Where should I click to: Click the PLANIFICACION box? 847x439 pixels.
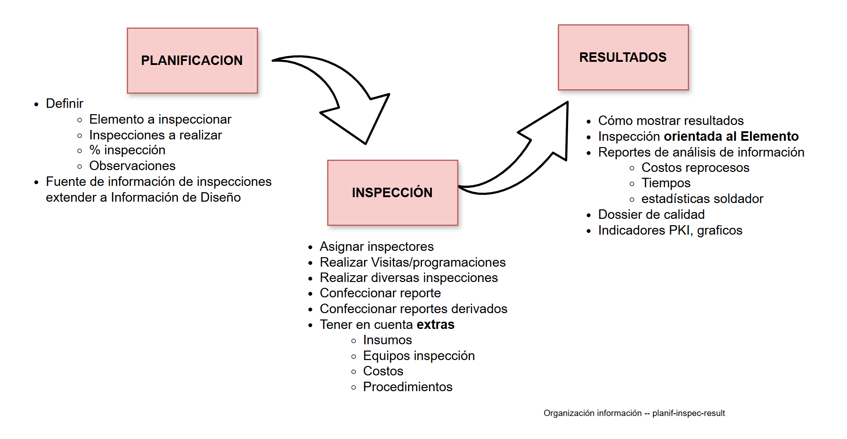point(192,60)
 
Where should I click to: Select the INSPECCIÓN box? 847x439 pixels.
point(392,193)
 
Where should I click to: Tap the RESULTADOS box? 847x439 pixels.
point(623,57)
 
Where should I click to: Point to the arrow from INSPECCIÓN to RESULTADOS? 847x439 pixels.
point(532,153)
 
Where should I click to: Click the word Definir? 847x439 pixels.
point(65,104)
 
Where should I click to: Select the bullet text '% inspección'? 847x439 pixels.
point(127,150)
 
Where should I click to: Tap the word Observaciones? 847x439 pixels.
point(132,166)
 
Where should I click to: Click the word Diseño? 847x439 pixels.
point(221,198)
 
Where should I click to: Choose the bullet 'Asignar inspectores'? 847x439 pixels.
point(376,247)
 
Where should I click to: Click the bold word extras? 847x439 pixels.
point(435,325)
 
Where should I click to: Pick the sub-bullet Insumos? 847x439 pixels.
point(387,340)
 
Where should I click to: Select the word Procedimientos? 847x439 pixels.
point(407,387)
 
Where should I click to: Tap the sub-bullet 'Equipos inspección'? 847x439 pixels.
point(419,356)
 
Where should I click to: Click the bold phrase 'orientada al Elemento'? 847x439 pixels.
point(731,136)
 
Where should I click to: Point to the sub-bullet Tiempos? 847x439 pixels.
point(666,183)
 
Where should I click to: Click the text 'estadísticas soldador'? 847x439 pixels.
point(702,199)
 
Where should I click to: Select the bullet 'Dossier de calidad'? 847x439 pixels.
point(651,215)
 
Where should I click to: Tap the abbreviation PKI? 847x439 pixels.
point(680,231)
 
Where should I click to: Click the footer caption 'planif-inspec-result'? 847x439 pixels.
point(689,413)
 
